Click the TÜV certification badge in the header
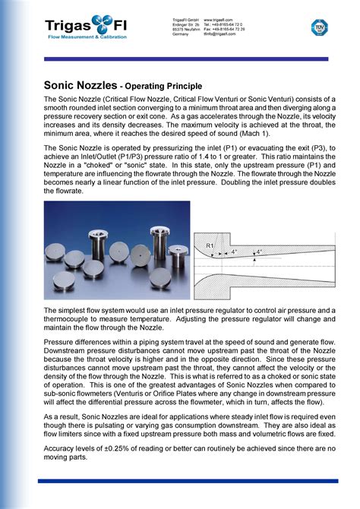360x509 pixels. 319,27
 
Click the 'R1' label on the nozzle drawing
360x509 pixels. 210,245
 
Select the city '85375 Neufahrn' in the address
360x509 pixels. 187,28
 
